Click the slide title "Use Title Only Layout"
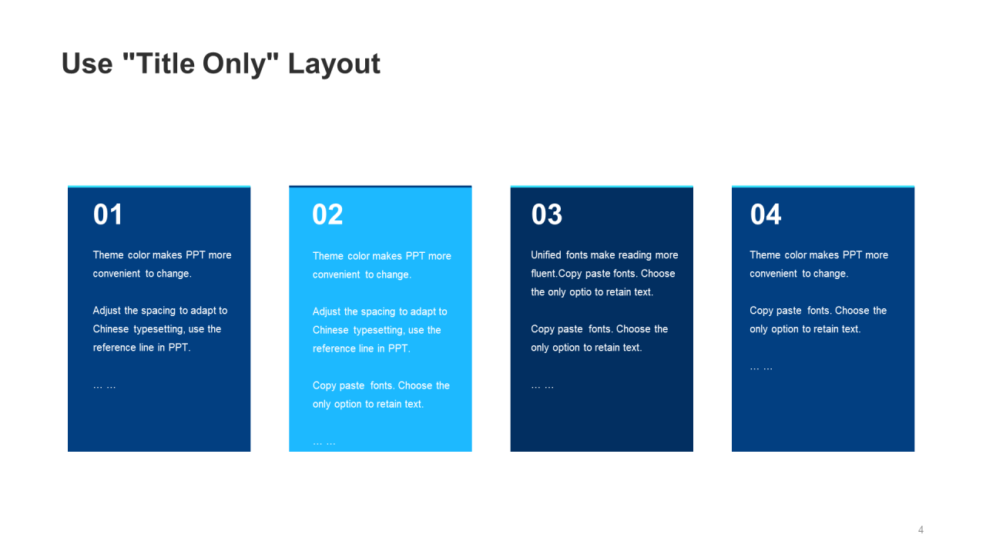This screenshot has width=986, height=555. pos(220,64)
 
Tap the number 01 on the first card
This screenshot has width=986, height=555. pos(108,214)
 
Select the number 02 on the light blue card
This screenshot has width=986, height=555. pos(327,214)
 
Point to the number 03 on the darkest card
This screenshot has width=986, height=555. pos(547,214)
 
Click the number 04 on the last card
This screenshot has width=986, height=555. pos(766,214)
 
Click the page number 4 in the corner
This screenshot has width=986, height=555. pos(921,530)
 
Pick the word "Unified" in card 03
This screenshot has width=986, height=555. pos(546,255)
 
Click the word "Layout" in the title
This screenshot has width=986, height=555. pos(334,64)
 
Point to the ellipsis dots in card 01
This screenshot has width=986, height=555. pos(104,386)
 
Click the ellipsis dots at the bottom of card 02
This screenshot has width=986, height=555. pos(324,442)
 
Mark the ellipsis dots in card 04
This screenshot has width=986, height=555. pos(761,368)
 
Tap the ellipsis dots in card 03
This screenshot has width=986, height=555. pos(542,386)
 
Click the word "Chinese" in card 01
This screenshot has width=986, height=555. pos(111,329)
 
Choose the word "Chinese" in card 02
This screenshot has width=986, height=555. pos(330,330)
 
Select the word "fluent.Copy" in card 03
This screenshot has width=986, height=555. pos(556,274)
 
